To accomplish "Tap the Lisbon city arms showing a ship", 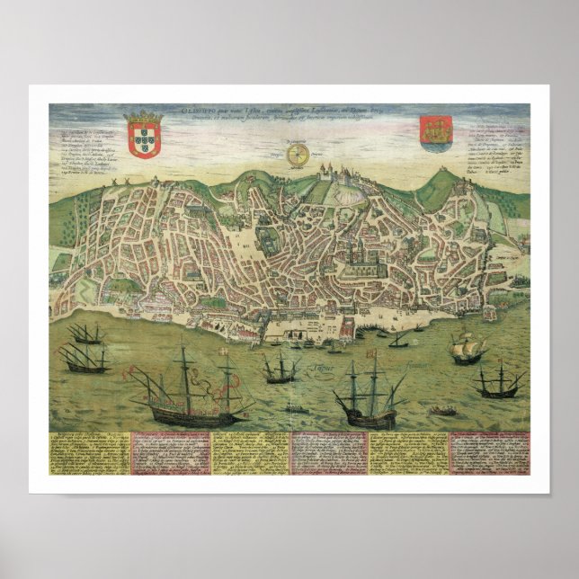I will [x=437, y=132].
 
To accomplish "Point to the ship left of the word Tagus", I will [x=281, y=369].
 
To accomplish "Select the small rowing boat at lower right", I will [x=442, y=411].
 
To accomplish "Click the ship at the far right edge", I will [x=500, y=383].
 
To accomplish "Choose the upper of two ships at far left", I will [x=86, y=334].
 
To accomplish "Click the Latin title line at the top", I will [x=288, y=112].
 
